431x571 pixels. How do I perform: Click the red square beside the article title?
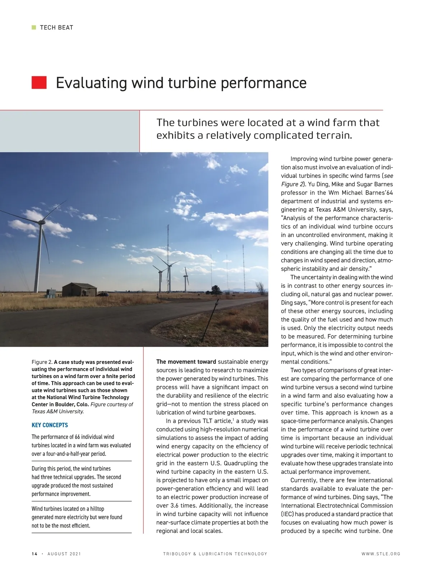[x=39, y=82]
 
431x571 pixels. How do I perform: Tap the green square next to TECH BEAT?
[x=34, y=27]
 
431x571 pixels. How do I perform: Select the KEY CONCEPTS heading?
[x=50, y=425]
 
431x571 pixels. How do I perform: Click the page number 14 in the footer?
[x=34, y=554]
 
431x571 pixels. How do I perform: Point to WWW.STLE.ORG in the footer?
[x=381, y=554]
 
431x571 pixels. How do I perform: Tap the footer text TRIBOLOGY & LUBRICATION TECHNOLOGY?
[x=215, y=554]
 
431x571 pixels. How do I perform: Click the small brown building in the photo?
[x=79, y=289]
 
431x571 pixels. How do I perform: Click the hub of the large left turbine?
[x=42, y=223]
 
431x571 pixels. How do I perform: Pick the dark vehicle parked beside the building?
[x=103, y=294]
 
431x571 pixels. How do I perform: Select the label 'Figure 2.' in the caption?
[x=42, y=362]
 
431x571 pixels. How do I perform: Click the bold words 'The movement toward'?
[x=186, y=362]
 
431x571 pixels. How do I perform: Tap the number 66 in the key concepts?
[x=77, y=437]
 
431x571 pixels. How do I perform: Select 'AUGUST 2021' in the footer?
[x=64, y=554]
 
